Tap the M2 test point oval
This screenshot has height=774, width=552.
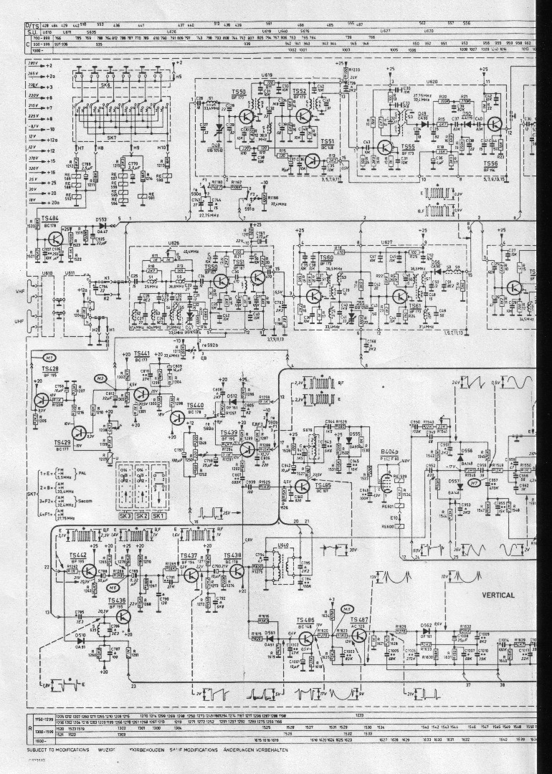tap(100, 378)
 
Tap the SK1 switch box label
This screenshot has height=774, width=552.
tap(158, 495)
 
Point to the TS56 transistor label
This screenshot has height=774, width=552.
tap(491, 163)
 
